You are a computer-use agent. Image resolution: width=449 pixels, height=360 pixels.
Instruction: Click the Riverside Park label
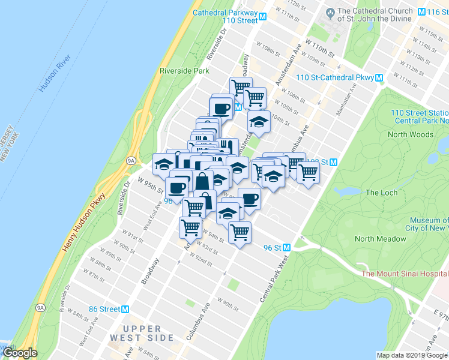click(184, 71)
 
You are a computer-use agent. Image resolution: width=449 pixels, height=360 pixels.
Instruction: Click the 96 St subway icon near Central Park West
click(287, 247)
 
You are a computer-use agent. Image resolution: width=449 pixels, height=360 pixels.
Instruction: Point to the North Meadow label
click(381, 239)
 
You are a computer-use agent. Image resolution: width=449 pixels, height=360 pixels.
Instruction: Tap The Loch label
click(381, 193)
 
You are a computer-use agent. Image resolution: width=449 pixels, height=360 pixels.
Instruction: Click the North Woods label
click(410, 134)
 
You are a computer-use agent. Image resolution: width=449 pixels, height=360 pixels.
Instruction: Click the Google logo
click(20, 353)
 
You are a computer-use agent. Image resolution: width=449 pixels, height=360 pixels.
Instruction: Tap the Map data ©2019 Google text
click(411, 355)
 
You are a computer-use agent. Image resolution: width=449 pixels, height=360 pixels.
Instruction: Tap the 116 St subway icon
click(422, 11)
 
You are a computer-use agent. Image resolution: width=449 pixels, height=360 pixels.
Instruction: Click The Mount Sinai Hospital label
click(405, 274)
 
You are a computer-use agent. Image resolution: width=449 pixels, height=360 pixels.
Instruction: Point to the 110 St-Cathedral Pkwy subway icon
click(379, 78)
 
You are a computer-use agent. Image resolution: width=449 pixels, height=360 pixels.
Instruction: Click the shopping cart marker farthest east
click(308, 173)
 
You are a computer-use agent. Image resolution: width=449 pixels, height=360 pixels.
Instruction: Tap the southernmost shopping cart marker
click(240, 232)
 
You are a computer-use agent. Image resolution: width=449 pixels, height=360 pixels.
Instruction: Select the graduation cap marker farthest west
click(163, 163)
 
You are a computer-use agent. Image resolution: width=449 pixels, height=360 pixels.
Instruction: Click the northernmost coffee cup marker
click(220, 108)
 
